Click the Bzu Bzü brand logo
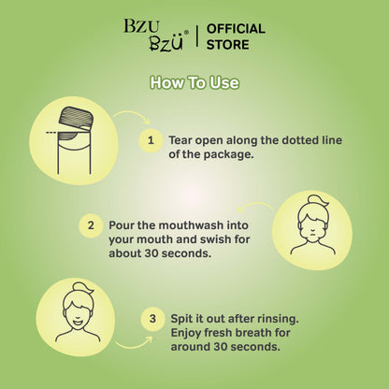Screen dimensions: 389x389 click(x=156, y=35)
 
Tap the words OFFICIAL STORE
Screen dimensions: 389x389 click(x=236, y=36)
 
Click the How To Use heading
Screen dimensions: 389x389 click(x=194, y=82)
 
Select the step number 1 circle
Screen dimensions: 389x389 click(x=151, y=140)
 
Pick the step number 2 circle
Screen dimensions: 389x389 click(x=91, y=225)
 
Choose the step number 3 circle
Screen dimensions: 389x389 click(x=152, y=319)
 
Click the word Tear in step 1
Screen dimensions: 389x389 click(x=180, y=140)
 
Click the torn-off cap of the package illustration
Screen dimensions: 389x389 click(x=77, y=118)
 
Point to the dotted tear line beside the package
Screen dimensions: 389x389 click(x=51, y=133)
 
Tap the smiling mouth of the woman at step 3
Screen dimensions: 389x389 click(x=77, y=321)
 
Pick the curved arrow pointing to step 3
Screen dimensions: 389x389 click(x=135, y=345)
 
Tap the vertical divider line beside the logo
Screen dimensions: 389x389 click(x=197, y=36)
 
